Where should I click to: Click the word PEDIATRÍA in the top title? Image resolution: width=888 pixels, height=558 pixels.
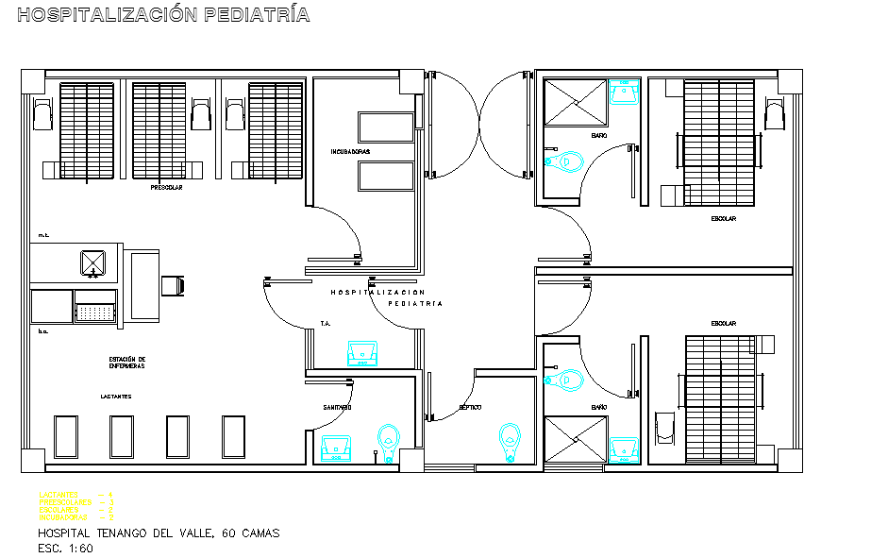point(257,15)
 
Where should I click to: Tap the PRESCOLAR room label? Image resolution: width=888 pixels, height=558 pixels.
point(166,188)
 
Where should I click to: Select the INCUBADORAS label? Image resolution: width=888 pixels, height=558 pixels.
point(350,151)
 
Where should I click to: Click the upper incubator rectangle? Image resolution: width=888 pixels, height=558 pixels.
point(386,127)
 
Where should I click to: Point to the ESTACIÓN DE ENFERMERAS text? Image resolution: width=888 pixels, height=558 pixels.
point(126,363)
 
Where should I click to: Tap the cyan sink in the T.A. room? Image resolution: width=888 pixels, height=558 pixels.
point(361,352)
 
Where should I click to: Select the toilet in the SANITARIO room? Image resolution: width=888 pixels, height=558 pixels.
point(388,439)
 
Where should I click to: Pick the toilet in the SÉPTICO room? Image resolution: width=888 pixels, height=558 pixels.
point(510,439)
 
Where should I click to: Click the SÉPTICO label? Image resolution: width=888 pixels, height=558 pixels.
point(470,407)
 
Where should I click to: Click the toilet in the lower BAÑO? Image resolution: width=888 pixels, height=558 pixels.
point(568,380)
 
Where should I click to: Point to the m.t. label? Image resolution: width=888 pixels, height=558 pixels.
point(43,234)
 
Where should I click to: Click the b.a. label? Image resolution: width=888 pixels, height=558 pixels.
point(43,332)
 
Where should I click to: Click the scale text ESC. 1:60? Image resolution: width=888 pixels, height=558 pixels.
point(66,549)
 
